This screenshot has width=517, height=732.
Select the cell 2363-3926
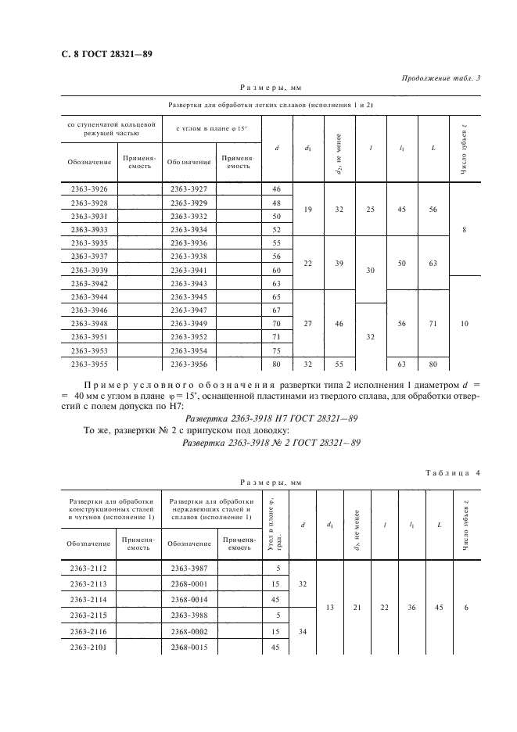pos(88,189)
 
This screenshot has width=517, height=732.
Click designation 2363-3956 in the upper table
pos(188,364)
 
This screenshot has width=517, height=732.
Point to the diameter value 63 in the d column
pos(276,282)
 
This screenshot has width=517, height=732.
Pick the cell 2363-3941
pos(188,269)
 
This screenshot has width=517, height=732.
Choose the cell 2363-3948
pos(88,323)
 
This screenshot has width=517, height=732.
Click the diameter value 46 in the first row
pos(276,189)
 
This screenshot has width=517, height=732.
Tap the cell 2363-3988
pos(188,615)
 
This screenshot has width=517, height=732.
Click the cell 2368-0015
pos(188,647)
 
